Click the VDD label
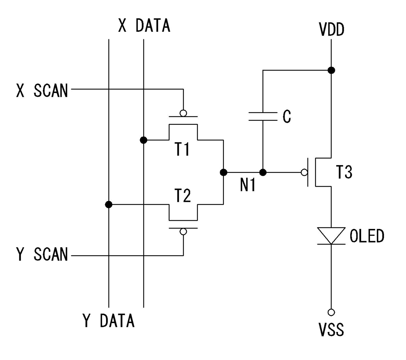coord(331,30)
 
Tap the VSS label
coord(331,330)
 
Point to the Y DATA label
coord(108,320)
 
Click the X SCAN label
coord(42,91)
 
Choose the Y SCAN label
coord(42,254)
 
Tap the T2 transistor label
coord(183,196)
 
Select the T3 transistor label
coord(344,172)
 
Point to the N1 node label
coord(248,185)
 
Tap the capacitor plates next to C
coord(263,117)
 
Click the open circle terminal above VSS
coord(331,312)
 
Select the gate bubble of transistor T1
coord(183,113)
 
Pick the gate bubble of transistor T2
coord(183,232)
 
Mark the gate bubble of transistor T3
coord(304,172)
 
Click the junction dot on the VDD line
coord(331,70)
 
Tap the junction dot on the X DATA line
coord(143,140)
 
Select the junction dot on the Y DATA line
coord(109,205)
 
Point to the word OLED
coord(367,236)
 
